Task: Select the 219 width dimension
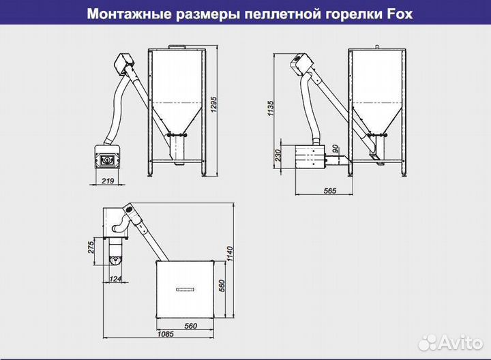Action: click(106, 182)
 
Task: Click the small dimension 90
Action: click(335, 149)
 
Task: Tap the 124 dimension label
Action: click(116, 279)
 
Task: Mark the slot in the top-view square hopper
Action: click(185, 289)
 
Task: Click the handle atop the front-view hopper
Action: click(177, 46)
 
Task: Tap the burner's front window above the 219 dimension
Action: click(107, 160)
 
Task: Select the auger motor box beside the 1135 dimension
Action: click(298, 64)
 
